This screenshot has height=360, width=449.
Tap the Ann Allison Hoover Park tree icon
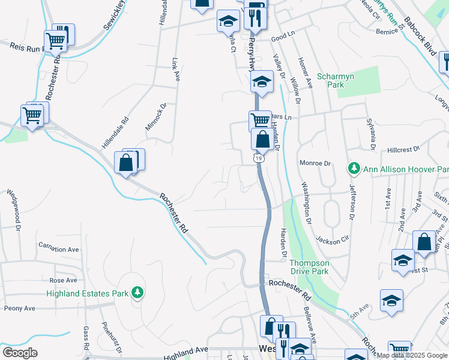pos(354,169)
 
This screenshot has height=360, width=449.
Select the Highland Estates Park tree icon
pos(138,293)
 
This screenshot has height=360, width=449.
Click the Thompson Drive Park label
pos(309,267)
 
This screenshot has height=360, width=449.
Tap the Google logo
pos(20,352)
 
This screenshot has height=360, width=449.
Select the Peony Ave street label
pos(20,308)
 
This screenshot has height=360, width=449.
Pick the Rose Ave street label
pos(64,280)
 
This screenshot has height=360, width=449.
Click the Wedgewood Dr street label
pos(14,211)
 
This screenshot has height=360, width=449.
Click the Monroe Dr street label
pos(315,163)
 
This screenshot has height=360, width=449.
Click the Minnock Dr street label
pos(155,117)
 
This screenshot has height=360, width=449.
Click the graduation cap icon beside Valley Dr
pos(262,82)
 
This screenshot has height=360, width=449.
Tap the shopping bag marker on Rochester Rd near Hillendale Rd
pos(125,163)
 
